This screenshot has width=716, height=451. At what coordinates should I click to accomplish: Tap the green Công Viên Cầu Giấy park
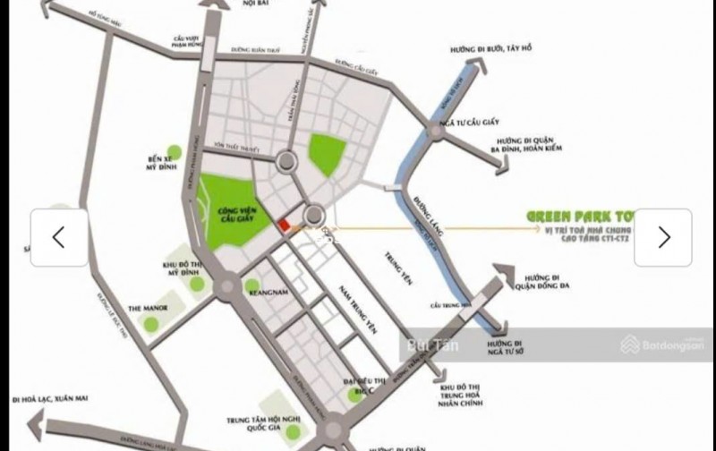point(233,212)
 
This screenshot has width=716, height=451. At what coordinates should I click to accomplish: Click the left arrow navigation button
point(59,237)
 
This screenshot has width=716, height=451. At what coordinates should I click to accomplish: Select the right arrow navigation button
point(663,237)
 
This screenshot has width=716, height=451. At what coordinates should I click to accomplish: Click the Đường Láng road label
point(422,207)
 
